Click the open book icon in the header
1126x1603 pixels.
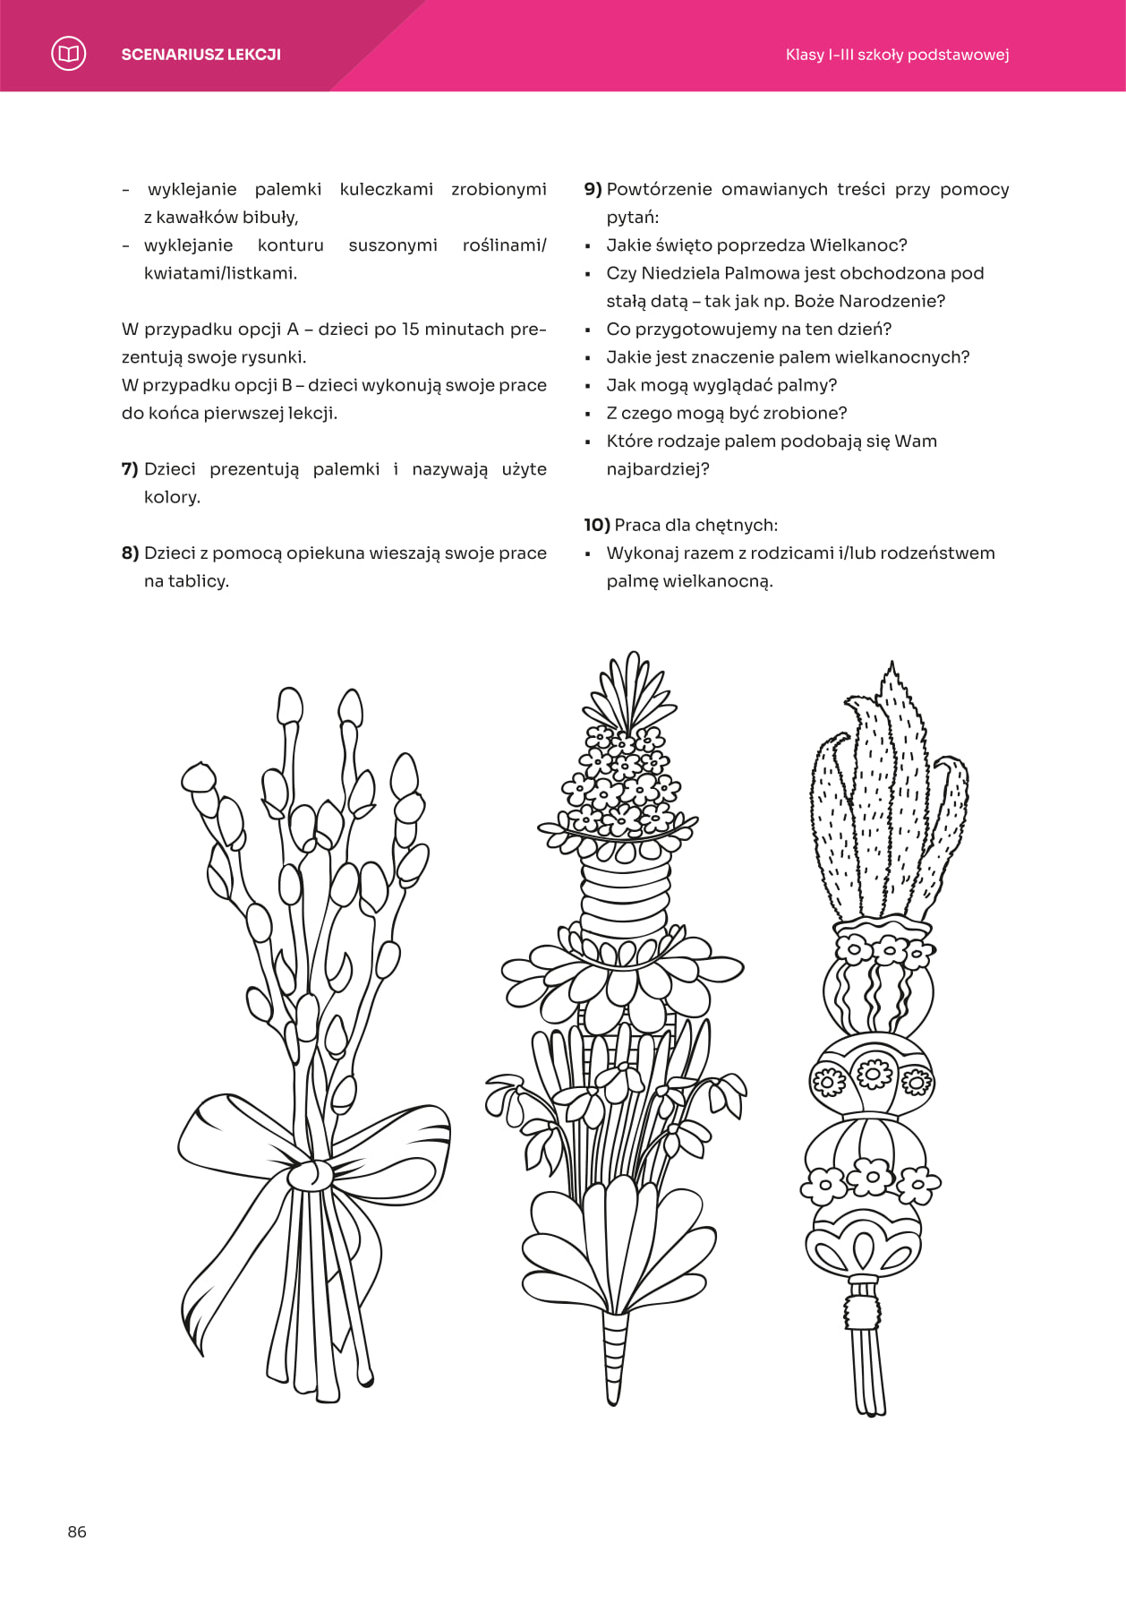click(x=69, y=54)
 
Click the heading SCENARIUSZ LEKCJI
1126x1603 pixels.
click(x=200, y=55)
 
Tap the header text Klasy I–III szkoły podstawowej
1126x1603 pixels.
click(x=897, y=55)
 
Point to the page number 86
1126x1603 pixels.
click(x=77, y=1531)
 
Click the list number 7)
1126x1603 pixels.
click(x=130, y=469)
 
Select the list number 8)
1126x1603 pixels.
click(x=130, y=553)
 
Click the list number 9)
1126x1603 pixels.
click(x=593, y=189)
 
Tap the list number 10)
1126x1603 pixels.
click(x=596, y=525)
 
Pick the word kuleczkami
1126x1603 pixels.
click(x=386, y=189)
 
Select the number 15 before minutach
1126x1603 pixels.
click(x=410, y=330)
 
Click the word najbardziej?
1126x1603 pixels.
click(x=658, y=469)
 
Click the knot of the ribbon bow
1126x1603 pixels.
click(x=311, y=1174)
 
